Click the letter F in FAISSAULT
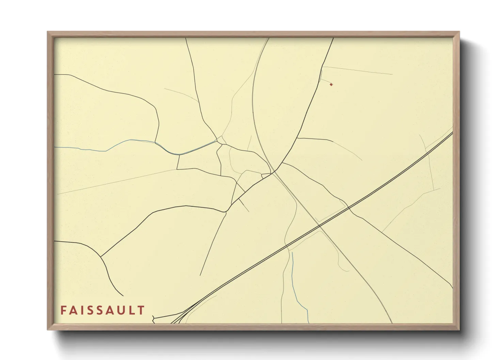pos(63,310)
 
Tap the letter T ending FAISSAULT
pos(142,310)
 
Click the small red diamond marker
pos(331,84)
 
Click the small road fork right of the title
pos(154,318)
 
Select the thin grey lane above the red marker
pos(358,70)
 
